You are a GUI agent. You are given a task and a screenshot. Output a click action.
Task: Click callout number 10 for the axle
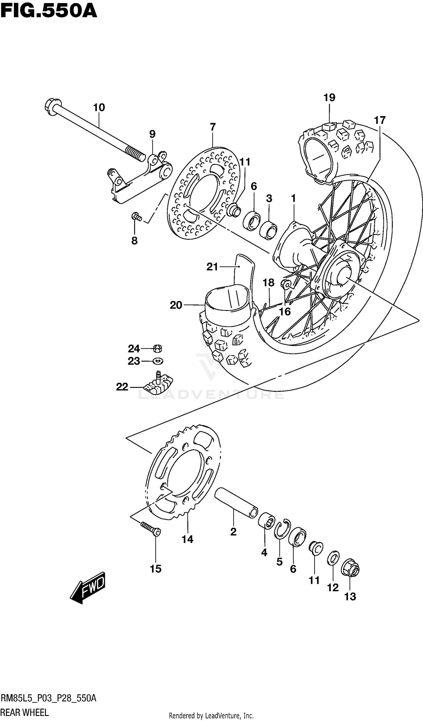[99, 108]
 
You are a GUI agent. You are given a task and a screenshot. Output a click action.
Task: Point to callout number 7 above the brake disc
[213, 127]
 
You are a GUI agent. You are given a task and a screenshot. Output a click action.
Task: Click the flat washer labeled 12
[333, 558]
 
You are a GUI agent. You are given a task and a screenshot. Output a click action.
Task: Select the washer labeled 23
[158, 361]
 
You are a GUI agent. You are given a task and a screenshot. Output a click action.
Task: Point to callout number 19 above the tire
[329, 98]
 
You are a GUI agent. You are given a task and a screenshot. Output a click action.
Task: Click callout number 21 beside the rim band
[212, 267]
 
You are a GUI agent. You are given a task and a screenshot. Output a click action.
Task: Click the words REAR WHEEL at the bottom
[25, 712]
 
